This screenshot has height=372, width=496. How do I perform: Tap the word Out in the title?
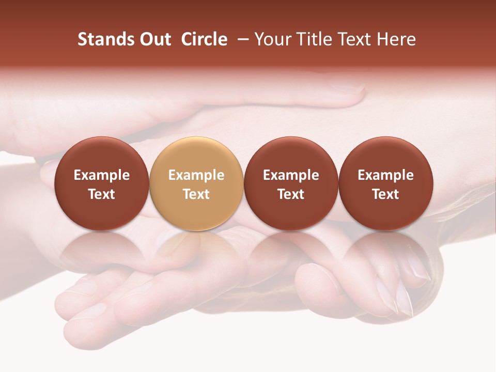pyautogui.click(x=154, y=39)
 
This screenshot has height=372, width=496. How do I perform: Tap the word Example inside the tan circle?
pyautogui.click(x=196, y=175)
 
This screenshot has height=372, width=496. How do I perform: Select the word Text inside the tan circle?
pyautogui.click(x=196, y=194)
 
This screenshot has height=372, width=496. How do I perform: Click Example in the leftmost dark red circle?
pyautogui.click(x=102, y=175)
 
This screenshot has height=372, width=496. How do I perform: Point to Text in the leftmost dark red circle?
pyautogui.click(x=102, y=194)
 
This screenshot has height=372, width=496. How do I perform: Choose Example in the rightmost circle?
pyautogui.click(x=385, y=175)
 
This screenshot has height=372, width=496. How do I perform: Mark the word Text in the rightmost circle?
pyautogui.click(x=385, y=194)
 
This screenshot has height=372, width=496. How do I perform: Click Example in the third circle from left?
pyautogui.click(x=291, y=175)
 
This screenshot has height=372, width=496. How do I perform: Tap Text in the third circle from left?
pyautogui.click(x=291, y=194)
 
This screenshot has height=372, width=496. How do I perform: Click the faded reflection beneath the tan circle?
pyautogui.click(x=196, y=253)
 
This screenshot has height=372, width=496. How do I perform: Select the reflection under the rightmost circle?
pyautogui.click(x=385, y=253)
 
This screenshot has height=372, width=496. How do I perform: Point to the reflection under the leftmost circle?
pyautogui.click(x=102, y=253)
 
